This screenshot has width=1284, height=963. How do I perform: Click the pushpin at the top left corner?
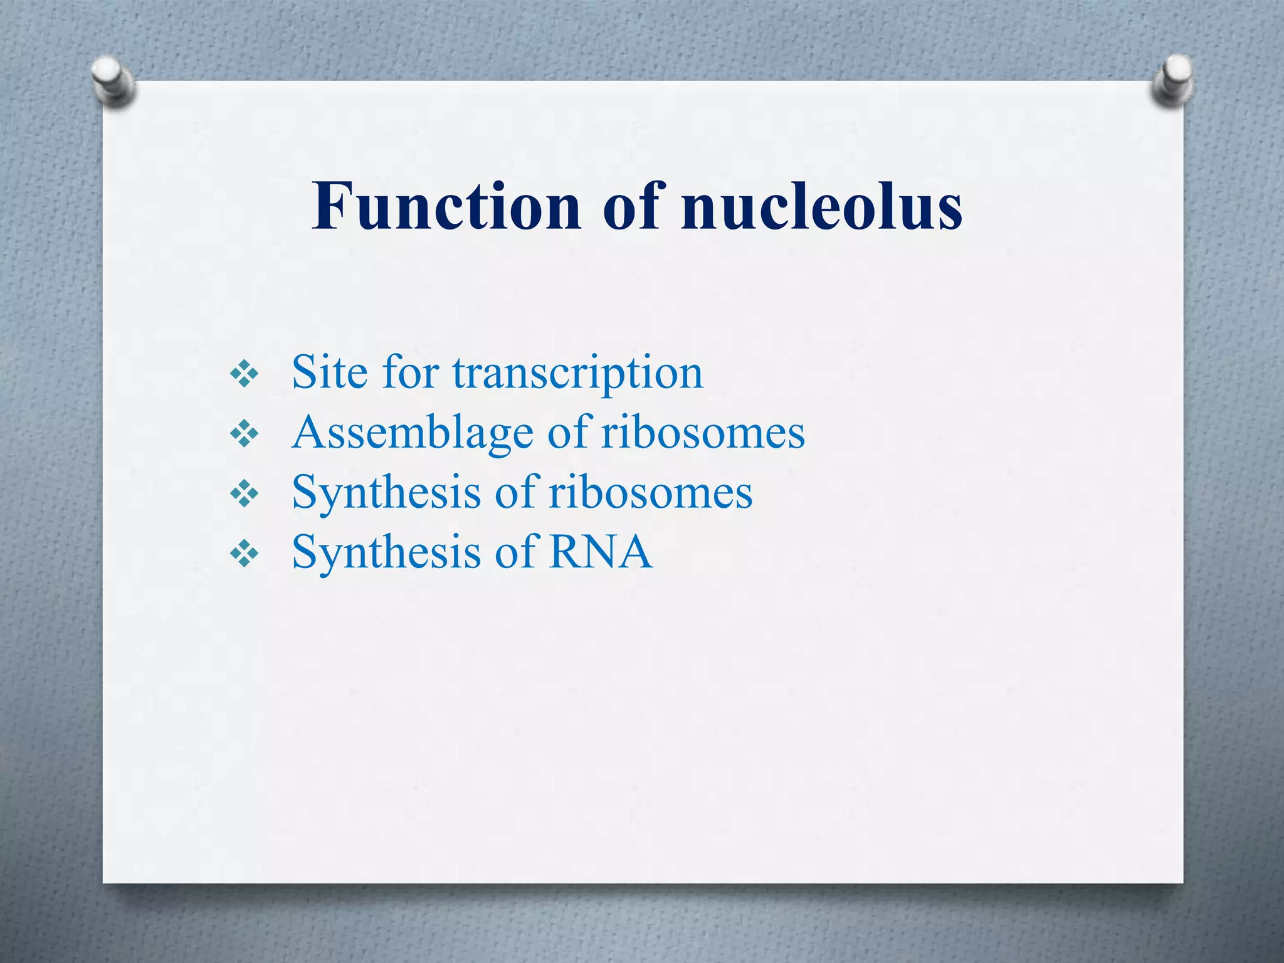113,82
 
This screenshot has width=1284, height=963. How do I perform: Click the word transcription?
577,374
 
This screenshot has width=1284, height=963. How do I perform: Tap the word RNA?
601,553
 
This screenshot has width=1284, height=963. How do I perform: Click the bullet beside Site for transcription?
244,375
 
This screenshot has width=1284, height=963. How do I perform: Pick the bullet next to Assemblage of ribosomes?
244,434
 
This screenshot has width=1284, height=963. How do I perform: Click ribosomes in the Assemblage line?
703,433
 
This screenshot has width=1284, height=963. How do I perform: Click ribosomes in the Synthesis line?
650,493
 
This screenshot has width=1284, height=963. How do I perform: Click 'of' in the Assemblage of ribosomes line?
567,433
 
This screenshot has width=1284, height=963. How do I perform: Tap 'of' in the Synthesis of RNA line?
515,553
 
